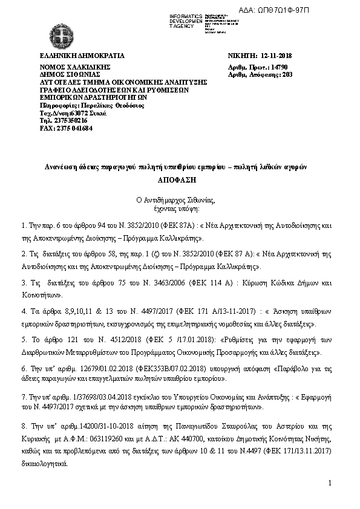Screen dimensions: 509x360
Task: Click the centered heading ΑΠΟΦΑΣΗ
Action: tap(180, 180)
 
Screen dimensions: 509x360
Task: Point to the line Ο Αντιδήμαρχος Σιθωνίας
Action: tap(180, 198)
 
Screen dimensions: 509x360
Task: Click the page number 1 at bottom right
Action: tap(332, 483)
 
